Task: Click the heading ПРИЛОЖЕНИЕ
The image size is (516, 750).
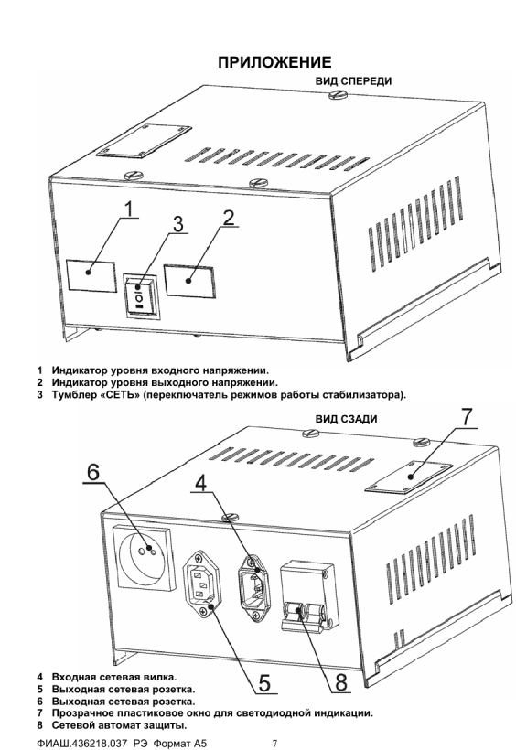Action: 274,62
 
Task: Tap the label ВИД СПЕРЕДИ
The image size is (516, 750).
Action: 353,81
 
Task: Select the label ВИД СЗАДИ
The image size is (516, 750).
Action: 346,419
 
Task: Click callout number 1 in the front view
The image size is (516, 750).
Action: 128,209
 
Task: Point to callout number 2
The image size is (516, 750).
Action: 229,217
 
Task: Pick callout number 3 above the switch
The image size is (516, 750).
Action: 178,224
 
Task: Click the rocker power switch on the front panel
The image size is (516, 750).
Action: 142,295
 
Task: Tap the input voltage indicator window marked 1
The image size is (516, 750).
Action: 91,276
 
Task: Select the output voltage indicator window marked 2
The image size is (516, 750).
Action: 189,282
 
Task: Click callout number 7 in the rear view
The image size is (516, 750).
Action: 466,417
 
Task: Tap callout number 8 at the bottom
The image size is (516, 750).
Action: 341,682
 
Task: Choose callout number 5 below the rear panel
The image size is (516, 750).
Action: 264,682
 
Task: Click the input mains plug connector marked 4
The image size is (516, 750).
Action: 253,586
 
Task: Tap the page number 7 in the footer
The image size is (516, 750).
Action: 274,744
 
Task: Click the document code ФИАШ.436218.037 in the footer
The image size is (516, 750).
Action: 81,744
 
